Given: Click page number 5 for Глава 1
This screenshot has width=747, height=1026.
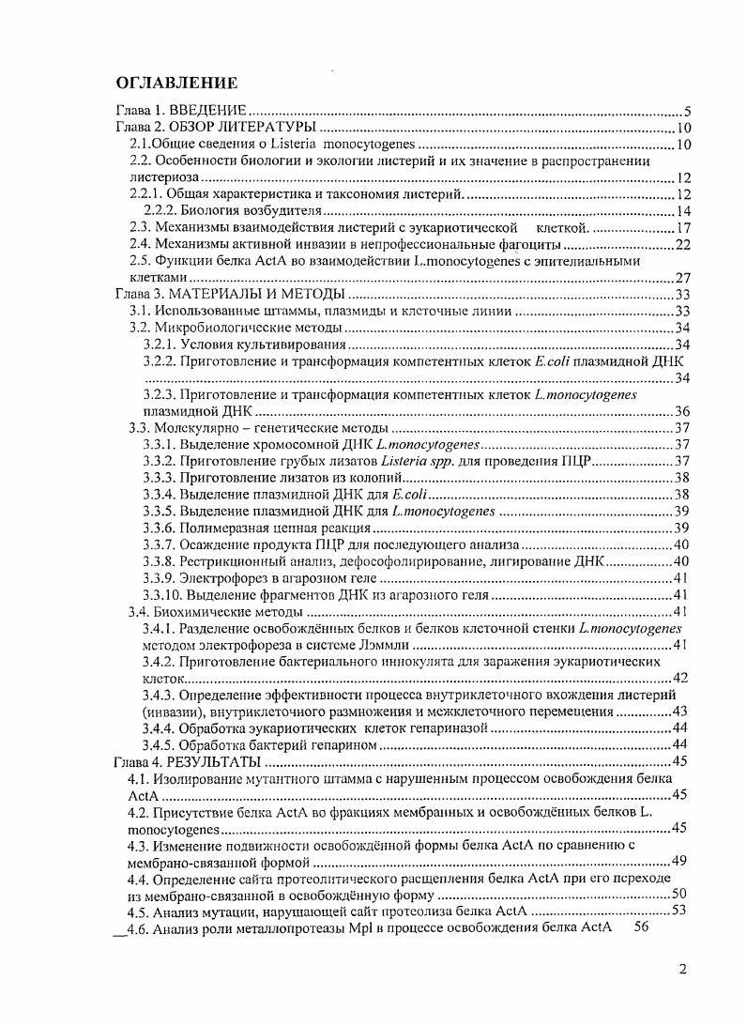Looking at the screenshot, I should pyautogui.click(x=688, y=112).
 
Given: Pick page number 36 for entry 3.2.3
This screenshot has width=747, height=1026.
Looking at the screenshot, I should pyautogui.click(x=683, y=411).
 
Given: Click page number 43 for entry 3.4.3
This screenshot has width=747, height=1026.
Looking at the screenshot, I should pyautogui.click(x=683, y=712).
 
